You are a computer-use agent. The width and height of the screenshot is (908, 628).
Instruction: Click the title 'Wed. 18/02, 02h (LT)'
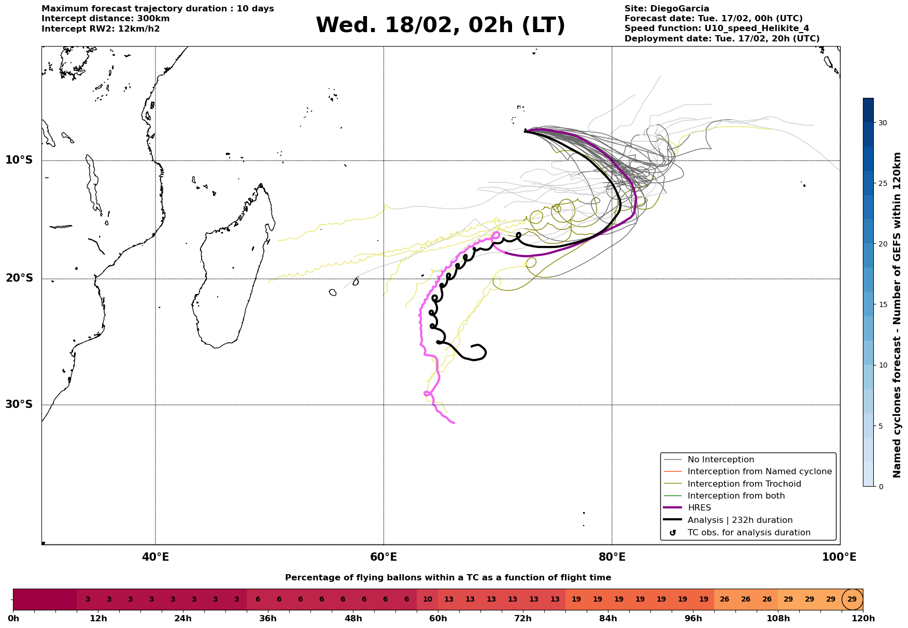coord(440,25)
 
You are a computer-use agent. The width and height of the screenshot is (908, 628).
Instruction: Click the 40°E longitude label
coord(155,557)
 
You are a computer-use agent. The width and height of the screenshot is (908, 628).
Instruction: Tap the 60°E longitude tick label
coord(384,557)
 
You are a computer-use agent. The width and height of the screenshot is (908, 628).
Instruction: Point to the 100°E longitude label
coord(840,557)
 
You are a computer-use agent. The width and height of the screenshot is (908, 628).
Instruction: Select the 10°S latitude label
coord(19,160)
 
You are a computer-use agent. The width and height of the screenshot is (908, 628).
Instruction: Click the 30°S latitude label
coord(19,404)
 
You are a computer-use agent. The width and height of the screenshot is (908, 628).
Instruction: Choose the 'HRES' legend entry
coord(699,508)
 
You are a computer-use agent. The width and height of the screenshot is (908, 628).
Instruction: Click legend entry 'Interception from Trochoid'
coord(744,484)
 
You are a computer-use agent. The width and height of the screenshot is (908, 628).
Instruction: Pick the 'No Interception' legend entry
coord(720,460)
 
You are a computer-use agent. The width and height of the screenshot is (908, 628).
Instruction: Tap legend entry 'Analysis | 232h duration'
coord(740,520)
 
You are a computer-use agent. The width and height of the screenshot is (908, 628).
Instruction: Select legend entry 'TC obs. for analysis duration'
coord(748,533)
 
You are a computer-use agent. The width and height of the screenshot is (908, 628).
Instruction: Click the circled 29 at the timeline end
coord(852,600)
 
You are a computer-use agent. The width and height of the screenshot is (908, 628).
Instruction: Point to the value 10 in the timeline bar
coord(428,600)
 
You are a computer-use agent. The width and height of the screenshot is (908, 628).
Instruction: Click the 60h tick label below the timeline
coord(438,619)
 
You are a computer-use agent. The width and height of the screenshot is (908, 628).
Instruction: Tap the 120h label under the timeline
coord(863,619)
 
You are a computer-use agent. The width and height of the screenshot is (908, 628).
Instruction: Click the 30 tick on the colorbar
coord(882,123)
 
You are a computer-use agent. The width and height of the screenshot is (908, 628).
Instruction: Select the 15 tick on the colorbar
coord(882,304)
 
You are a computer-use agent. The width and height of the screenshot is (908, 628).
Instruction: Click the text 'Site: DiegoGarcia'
coord(666,9)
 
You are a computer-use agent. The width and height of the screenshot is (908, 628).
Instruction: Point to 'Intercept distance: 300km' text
coord(106,19)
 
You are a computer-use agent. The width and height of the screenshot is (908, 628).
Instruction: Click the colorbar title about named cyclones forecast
coord(897,315)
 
